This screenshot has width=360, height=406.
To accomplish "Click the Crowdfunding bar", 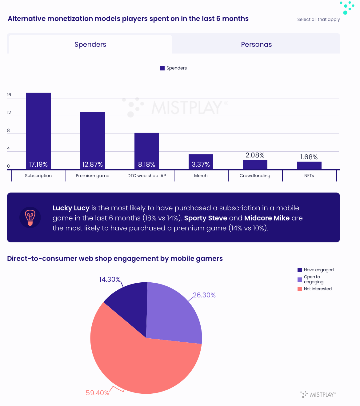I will (255, 165).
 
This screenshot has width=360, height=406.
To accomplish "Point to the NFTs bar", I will (309, 165).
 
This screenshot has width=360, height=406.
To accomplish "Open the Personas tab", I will (256, 44).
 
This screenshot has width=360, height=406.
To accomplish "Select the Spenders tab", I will (90, 44).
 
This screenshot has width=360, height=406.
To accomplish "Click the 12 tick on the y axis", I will (9, 113).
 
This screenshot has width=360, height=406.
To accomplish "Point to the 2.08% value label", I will (255, 155).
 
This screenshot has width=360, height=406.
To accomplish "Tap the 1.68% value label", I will (309, 157).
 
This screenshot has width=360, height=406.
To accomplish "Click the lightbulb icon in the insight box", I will (30, 217).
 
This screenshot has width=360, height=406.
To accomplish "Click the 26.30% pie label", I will (204, 295).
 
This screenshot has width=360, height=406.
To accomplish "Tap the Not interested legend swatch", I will (300, 289).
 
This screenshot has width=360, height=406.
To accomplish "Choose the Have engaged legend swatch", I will (300, 270).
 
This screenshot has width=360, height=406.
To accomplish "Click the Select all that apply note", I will (318, 19).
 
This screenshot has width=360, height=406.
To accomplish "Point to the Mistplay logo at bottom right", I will (318, 395).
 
